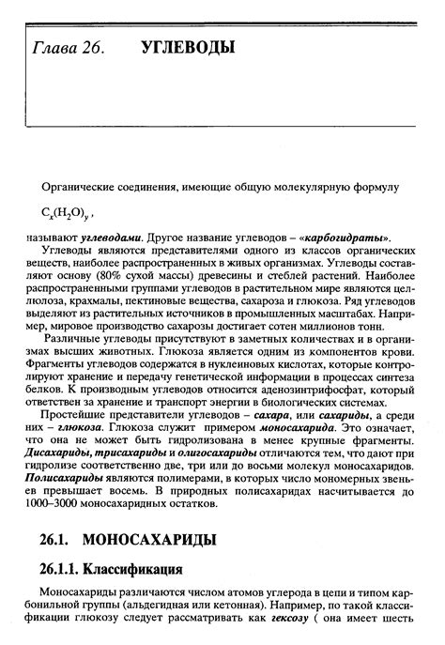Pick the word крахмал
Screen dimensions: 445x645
pyautogui.click(x=103, y=306)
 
